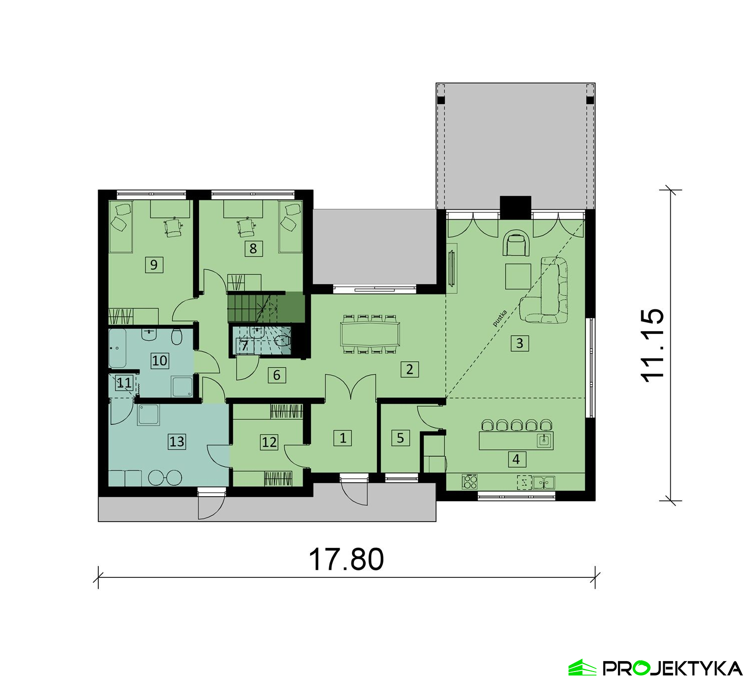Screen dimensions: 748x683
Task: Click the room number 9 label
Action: click(154, 265)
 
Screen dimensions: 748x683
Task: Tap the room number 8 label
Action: click(253, 249)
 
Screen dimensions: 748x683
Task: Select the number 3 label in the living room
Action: click(520, 343)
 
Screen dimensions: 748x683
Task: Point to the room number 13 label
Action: click(177, 441)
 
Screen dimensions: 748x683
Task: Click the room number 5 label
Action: click(400, 438)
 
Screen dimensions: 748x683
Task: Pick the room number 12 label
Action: click(269, 442)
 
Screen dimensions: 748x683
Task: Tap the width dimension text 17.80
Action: click(347, 559)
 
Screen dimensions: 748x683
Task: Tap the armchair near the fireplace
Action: click(516, 243)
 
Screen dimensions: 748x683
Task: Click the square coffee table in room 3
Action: click(518, 276)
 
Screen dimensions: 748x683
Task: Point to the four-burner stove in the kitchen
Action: click(469, 481)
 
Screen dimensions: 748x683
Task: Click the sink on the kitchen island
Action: click(545, 441)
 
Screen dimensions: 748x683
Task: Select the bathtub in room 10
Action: click(118, 348)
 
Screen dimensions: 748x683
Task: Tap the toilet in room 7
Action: click(282, 340)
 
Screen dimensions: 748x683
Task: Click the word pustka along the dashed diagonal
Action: click(500, 319)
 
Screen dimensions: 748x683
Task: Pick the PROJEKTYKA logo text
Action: click(673, 668)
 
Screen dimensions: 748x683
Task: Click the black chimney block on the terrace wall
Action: click(516, 208)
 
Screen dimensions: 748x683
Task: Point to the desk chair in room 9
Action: click(173, 227)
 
